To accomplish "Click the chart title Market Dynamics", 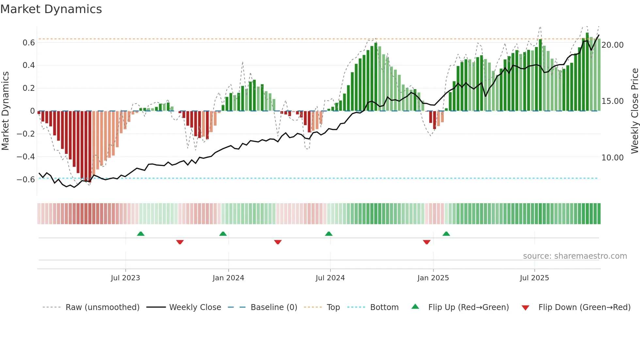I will coord(51,9).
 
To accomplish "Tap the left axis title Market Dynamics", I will coord(5,111).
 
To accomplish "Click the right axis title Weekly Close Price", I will coord(634,111).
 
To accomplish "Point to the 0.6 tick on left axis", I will coord(29,43).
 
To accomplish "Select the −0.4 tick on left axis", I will coord(26,157).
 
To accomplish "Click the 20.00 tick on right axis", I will coord(612,45).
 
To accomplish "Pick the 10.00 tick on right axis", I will coord(612,158).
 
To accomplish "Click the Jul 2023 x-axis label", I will coord(125,278).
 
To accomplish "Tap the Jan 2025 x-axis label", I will coord(433,278).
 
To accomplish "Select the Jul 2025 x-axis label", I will coord(534,278).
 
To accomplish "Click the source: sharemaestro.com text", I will coord(575,256).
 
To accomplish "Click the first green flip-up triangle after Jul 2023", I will coord(141,234).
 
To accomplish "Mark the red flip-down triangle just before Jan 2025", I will coord(426,242).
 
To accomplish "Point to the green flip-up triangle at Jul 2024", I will coord(329,234).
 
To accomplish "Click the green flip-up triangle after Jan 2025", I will coord(446,234).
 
